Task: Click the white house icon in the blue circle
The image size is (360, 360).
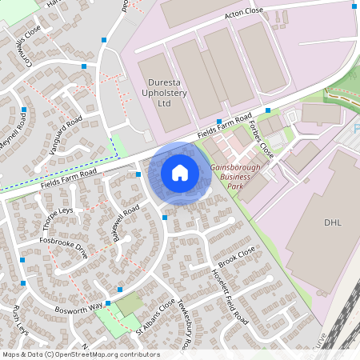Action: click(x=179, y=173)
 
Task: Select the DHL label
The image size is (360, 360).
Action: click(x=332, y=222)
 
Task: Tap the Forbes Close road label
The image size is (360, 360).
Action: click(x=262, y=139)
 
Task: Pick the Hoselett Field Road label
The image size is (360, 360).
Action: click(x=228, y=296)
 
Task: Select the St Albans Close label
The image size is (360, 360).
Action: click(x=154, y=318)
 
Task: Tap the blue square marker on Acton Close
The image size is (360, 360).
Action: click(x=354, y=6)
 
